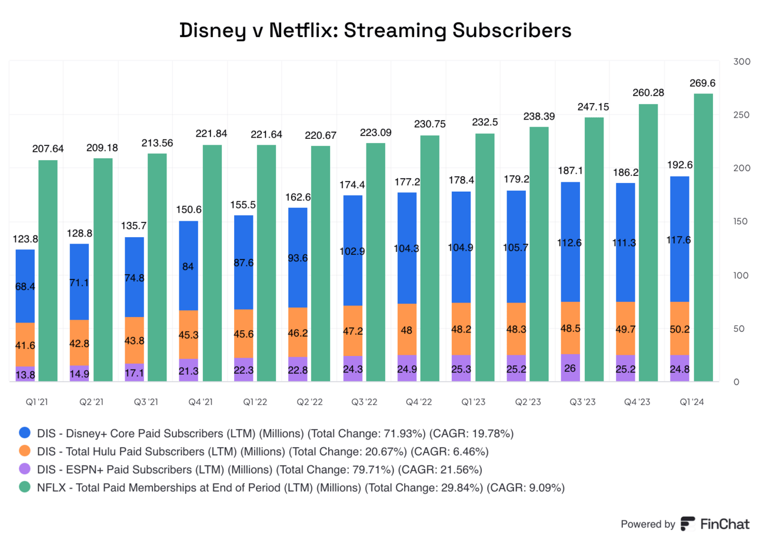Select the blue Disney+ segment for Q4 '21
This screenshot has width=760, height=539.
(188, 265)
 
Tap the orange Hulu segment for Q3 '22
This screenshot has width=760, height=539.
(352, 331)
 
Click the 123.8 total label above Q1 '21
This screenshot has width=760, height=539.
(24, 240)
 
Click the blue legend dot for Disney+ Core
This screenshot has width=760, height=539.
(25, 434)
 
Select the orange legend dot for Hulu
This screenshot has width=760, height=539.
(25, 451)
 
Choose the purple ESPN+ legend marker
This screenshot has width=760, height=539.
(25, 470)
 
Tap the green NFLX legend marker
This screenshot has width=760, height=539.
(25, 487)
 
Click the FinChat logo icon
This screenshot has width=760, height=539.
(687, 524)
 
